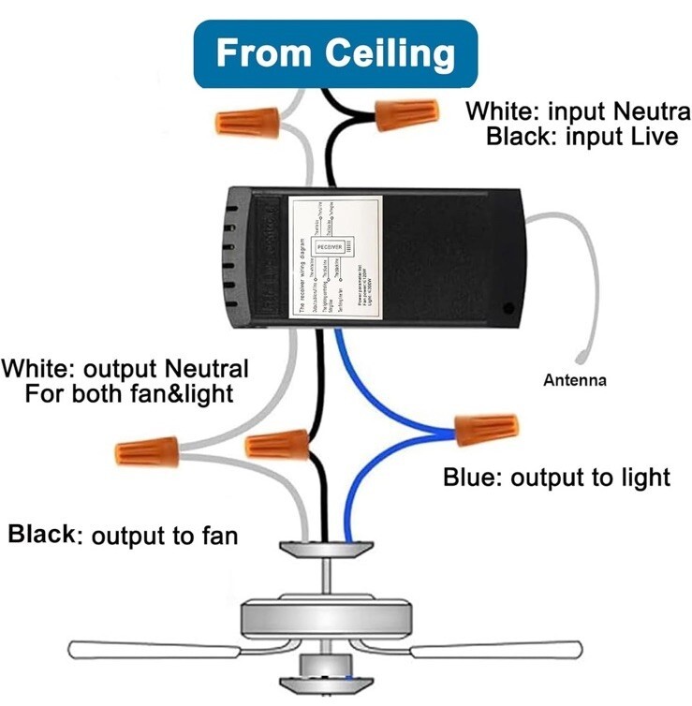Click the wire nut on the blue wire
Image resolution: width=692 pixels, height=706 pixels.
pyautogui.click(x=486, y=430)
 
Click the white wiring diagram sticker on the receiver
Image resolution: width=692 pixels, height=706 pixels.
pyautogui.click(x=336, y=258)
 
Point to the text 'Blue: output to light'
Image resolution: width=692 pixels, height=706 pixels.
pyautogui.click(x=556, y=478)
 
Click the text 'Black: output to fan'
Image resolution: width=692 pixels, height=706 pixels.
pyautogui.click(x=123, y=536)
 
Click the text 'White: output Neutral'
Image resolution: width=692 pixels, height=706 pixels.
pyautogui.click(x=125, y=368)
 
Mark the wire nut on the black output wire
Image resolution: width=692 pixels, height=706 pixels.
pyautogui.click(x=278, y=443)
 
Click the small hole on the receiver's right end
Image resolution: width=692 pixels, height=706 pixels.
pyautogui.click(x=508, y=306)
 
